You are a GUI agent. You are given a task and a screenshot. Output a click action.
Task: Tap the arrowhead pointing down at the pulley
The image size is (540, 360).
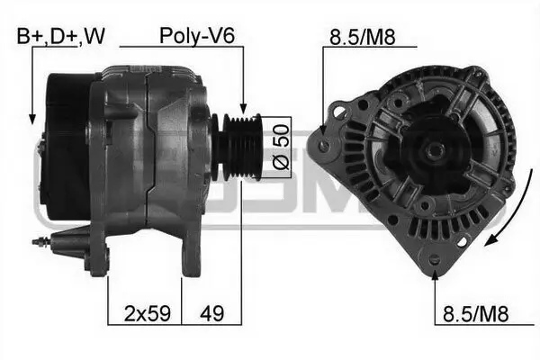(x=243, y=107)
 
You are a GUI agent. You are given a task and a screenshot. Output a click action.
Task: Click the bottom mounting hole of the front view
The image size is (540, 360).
(x=436, y=260)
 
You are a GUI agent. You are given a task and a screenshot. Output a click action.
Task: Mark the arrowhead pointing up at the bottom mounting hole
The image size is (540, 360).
(x=436, y=271)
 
